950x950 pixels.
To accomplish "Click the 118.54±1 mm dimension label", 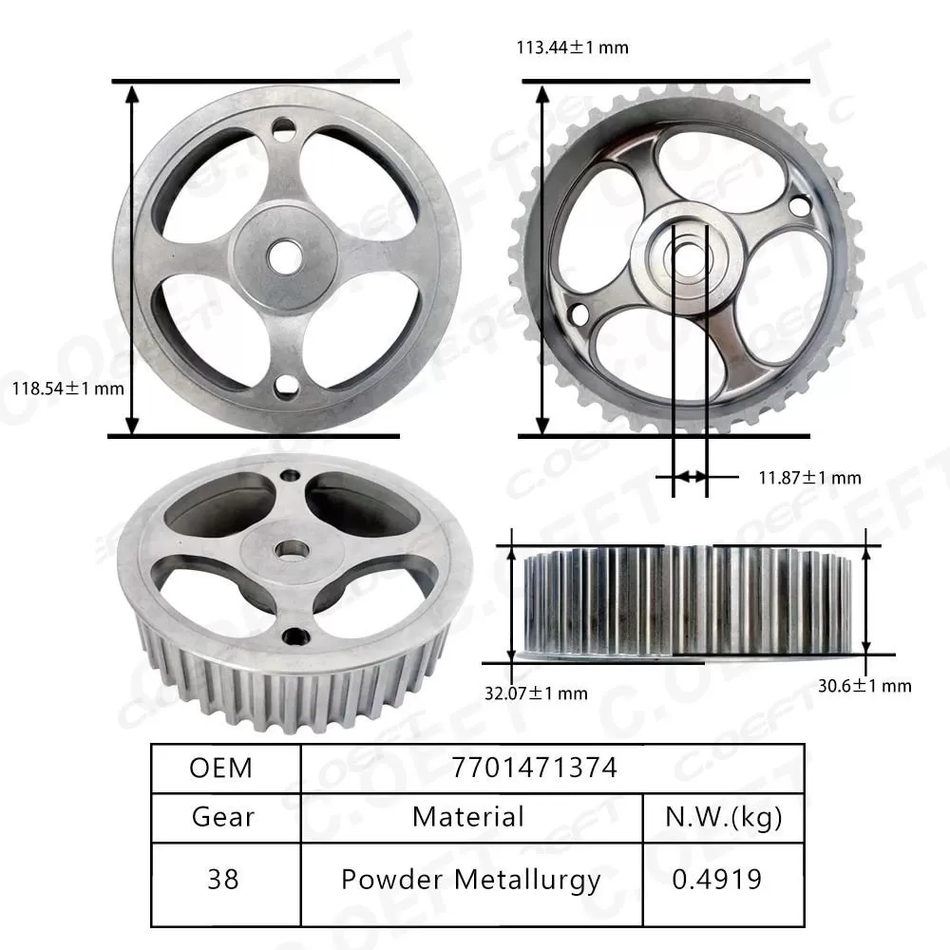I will pyautogui.click(x=67, y=388).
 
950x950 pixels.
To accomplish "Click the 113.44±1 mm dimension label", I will pyautogui.click(x=572, y=47).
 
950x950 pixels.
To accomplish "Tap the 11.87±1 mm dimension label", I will pyautogui.click(x=809, y=477).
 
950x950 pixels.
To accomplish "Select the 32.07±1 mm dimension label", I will pyautogui.click(x=536, y=693).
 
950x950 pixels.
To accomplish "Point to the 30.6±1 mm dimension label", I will pyautogui.click(x=864, y=685).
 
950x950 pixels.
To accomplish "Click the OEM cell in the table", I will pyautogui.click(x=221, y=768).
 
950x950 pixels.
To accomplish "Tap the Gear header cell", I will pyautogui.click(x=221, y=816).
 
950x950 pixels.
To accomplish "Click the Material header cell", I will pyautogui.click(x=468, y=816).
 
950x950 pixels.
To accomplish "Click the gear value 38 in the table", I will pyautogui.click(x=221, y=880).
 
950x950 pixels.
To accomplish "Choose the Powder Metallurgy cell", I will pyautogui.click(x=470, y=880).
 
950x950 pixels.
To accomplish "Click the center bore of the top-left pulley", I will pyautogui.click(x=283, y=254).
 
